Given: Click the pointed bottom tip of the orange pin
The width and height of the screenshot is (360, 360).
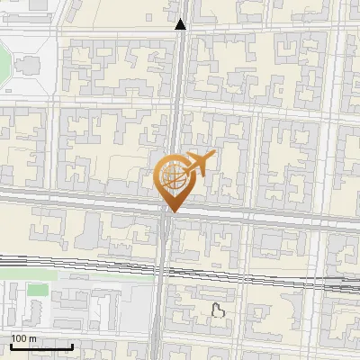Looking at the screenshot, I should coord(172,211).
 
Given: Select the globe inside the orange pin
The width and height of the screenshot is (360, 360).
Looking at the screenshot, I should coord(172,178).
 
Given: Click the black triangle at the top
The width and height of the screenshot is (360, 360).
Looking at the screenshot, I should coord(181,24).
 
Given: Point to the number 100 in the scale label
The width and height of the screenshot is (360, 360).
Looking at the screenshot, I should coord(18,337).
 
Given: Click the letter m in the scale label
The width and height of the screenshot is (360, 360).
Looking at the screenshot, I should coord(31,337).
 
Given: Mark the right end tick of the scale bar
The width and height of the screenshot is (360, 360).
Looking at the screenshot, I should coord(72,346).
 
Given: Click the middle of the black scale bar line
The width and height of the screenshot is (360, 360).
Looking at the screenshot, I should coord(40,346).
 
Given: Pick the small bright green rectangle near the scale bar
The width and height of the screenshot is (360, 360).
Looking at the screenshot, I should coord(36,290).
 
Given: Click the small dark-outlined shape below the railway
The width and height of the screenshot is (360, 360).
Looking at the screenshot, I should coord(217,311).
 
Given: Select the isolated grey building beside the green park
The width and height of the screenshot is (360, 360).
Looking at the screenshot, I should coord(27,65).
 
